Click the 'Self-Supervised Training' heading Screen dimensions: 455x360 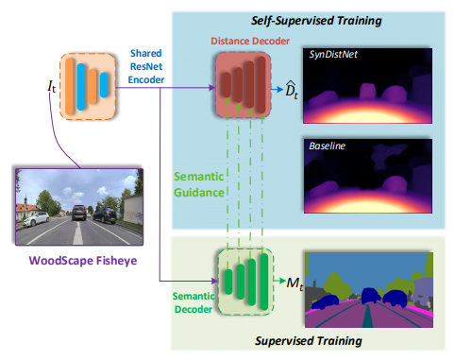click(x=316, y=21)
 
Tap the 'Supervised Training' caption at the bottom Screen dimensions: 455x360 click(x=309, y=341)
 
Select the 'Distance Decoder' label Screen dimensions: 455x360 click(x=250, y=41)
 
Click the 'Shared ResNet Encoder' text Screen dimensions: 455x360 click(x=146, y=66)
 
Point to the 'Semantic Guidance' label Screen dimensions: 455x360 click(x=199, y=184)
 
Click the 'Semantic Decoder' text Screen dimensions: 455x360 click(x=194, y=302)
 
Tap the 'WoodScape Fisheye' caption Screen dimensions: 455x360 click(x=83, y=261)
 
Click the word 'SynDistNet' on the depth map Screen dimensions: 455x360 click(x=333, y=55)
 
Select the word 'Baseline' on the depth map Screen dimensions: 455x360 click(x=328, y=146)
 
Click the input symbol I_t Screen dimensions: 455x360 click(x=52, y=86)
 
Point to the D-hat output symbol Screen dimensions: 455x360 click(x=292, y=90)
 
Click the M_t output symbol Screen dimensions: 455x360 click(x=295, y=283)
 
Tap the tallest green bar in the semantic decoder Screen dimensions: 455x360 click(x=264, y=282)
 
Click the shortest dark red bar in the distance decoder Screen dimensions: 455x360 click(x=227, y=85)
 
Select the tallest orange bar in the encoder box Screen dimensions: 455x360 click(x=70, y=87)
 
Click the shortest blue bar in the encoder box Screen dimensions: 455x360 click(x=104, y=85)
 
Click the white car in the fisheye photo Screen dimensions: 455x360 click(x=36, y=218)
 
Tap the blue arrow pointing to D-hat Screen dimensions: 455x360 click(x=278, y=90)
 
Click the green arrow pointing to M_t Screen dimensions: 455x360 click(x=279, y=280)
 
